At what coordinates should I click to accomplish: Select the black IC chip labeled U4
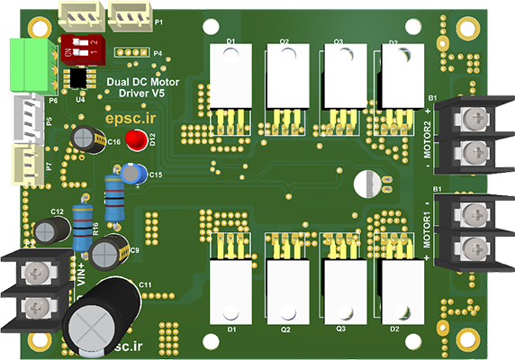pyautogui.click(x=81, y=77)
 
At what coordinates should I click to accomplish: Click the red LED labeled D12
pyautogui.click(x=136, y=140)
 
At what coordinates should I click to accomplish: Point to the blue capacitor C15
pyautogui.click(x=135, y=173)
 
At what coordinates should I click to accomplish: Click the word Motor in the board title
pyautogui.click(x=164, y=82)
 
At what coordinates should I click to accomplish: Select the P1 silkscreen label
pyautogui.click(x=158, y=21)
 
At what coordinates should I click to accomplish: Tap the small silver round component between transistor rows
pyautogui.click(x=367, y=184)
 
